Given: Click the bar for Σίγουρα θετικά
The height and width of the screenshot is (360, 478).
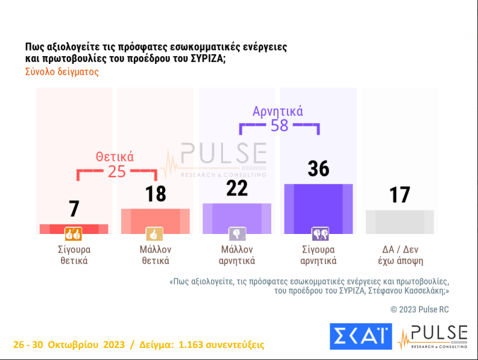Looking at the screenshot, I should coord(74,229).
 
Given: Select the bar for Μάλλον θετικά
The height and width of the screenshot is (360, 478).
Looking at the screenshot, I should coord(156,221).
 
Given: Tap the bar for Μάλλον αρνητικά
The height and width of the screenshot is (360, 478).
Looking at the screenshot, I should coord(237,218).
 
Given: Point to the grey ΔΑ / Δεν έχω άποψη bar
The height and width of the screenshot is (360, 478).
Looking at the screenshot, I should coord(399,222).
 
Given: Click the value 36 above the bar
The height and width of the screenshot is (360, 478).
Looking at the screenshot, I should coord(318,169).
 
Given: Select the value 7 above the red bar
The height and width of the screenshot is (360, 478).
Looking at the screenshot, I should coord(74,209).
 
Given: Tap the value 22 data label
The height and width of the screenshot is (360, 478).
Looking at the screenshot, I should coord(237,188).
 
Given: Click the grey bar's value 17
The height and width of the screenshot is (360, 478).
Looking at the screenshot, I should coord(399,195).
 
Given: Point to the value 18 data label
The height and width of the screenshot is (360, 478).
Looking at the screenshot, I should coord(156,194).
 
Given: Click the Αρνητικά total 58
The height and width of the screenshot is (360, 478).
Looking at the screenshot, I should coord(280,125).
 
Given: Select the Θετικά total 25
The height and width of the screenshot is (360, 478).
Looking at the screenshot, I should coord(116,171).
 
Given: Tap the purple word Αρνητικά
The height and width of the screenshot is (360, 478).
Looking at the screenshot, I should coord(278,111).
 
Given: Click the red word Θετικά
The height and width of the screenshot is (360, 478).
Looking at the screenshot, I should coord(115,157).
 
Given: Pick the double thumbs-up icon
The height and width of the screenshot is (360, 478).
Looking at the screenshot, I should coord(74,234).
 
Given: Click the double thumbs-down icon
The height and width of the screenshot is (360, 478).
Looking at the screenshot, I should coord(319,234).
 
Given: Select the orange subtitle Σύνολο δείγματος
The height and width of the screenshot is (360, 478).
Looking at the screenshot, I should coord(61,71).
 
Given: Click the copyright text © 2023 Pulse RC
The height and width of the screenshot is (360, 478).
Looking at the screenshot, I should coord(420,309).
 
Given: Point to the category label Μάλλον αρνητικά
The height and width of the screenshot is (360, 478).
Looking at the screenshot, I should coord(237,255).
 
